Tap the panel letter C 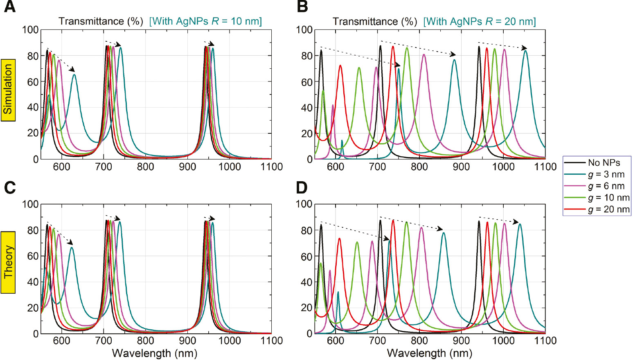[10, 187]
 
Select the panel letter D [302, 187]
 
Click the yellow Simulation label [8, 90]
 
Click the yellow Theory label [8, 262]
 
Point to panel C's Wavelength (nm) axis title [155, 353]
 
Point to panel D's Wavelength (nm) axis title [429, 353]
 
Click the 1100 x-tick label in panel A [272, 167]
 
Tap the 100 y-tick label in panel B [304, 30]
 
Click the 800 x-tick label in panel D [419, 341]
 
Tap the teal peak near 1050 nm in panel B [525, 51]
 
